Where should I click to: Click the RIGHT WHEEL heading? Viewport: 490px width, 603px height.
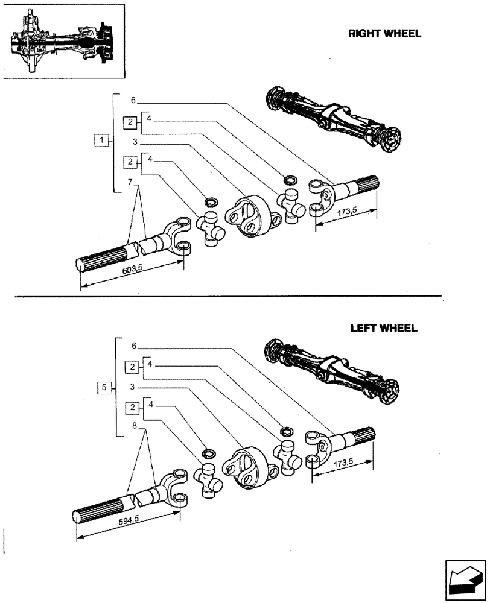384,34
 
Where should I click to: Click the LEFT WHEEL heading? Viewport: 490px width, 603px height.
384,329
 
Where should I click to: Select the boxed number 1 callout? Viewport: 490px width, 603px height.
103,141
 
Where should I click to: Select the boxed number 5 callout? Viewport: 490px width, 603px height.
104,388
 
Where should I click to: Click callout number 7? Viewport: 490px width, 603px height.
130,182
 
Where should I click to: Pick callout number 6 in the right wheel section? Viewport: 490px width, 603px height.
133,101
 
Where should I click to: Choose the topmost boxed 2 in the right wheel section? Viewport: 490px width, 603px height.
130,122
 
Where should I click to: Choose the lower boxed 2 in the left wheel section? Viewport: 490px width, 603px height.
130,408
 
